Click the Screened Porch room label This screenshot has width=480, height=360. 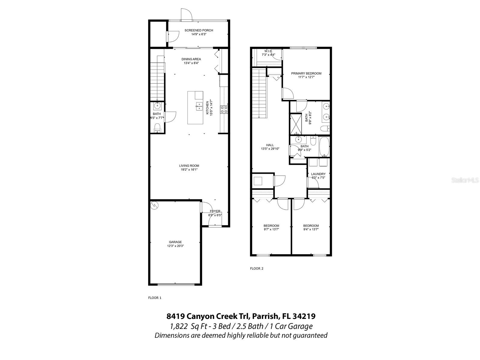pyautogui.click(x=199, y=30)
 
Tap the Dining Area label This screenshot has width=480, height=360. pyautogui.click(x=191, y=59)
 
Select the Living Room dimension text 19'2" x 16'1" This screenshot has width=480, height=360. pyautogui.click(x=189, y=169)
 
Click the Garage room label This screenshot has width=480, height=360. pyautogui.click(x=175, y=242)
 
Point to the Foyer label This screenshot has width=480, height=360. pyautogui.click(x=215, y=211)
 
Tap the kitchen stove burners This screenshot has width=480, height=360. pyautogui.click(x=224, y=109)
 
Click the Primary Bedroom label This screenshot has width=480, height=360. pyautogui.click(x=306, y=73)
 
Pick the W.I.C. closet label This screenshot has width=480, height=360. pyautogui.click(x=268, y=51)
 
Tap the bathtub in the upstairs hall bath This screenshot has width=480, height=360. pyautogui.click(x=324, y=147)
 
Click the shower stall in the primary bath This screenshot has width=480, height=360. pyautogui.click(x=295, y=124)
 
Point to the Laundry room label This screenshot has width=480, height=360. pyautogui.click(x=318, y=174)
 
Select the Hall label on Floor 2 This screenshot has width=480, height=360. pyautogui.click(x=270, y=145)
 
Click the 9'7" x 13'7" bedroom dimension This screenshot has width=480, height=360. pyautogui.click(x=271, y=229)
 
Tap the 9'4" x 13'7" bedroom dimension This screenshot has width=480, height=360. pyautogui.click(x=311, y=229)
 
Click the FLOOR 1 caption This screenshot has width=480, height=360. pyautogui.click(x=155, y=298)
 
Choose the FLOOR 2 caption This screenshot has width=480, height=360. pyautogui.click(x=256, y=268)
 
